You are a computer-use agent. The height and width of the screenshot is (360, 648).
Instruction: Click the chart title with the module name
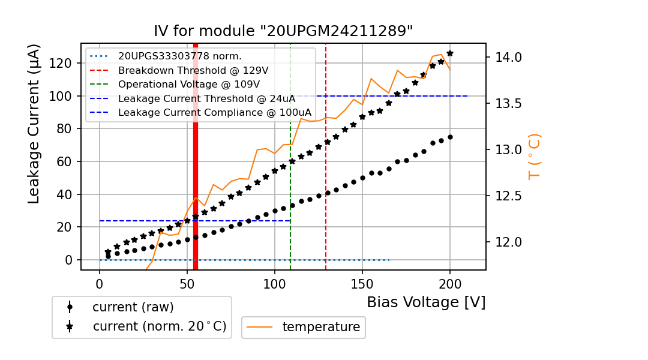tap(283, 31)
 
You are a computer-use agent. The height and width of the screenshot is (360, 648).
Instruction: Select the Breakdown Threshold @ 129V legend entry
tap(193, 70)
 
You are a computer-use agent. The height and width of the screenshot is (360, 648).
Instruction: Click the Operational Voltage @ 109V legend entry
tap(188, 84)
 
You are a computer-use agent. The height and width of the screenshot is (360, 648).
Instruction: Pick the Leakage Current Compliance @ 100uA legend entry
tap(214, 112)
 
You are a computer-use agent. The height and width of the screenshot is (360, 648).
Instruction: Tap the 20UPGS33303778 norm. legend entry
tap(179, 56)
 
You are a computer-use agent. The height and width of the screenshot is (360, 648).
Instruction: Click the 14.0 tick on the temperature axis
tap(507, 58)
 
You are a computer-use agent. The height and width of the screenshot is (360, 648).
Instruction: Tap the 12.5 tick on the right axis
tap(507, 196)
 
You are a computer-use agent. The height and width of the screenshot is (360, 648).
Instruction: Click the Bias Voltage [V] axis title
tap(426, 302)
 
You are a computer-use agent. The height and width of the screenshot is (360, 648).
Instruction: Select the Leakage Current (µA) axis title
tap(34, 124)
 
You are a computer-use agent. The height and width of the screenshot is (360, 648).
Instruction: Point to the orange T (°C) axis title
tap(534, 157)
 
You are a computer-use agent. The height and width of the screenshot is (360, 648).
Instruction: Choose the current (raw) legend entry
tap(133, 307)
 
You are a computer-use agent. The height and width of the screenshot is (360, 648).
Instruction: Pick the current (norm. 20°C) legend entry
tap(159, 327)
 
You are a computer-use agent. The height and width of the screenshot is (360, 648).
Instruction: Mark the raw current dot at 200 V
tap(450, 137)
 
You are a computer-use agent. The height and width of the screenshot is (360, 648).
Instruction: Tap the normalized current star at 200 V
tap(450, 53)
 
